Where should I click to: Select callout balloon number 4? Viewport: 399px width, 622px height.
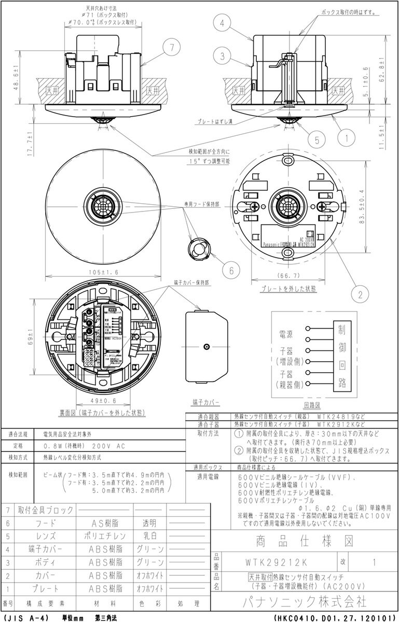[221, 23]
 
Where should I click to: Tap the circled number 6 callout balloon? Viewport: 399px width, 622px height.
[231, 269]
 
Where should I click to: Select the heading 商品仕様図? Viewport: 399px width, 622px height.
[305, 542]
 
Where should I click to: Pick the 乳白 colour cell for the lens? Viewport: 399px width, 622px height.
[150, 536]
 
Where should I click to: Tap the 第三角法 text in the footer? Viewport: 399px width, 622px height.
[106, 618]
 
